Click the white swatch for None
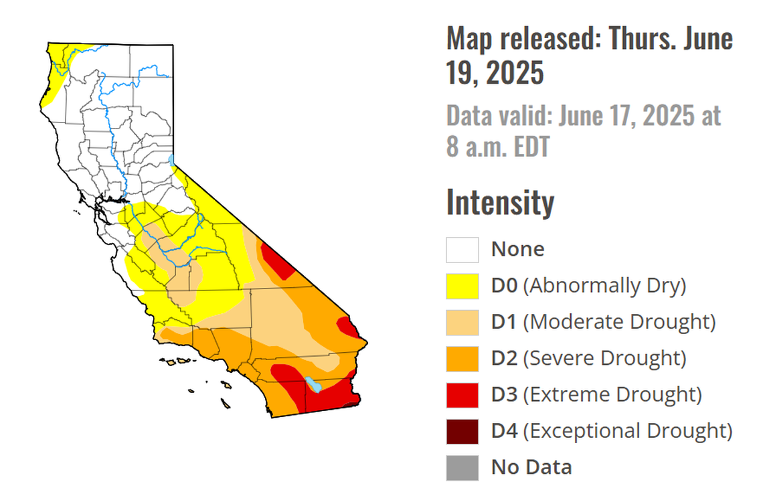tap(462, 250)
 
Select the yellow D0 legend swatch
tap(462, 286)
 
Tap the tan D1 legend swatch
tap(462, 322)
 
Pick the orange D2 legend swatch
tap(462, 358)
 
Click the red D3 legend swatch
tap(462, 394)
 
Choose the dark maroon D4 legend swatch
tap(462, 430)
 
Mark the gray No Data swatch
tap(462, 467)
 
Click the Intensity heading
tap(500, 202)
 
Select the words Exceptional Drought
tap(627, 430)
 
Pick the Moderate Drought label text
tap(619, 322)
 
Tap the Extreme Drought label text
tap(612, 394)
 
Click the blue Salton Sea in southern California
tap(313, 384)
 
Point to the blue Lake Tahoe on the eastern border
tap(172, 160)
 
